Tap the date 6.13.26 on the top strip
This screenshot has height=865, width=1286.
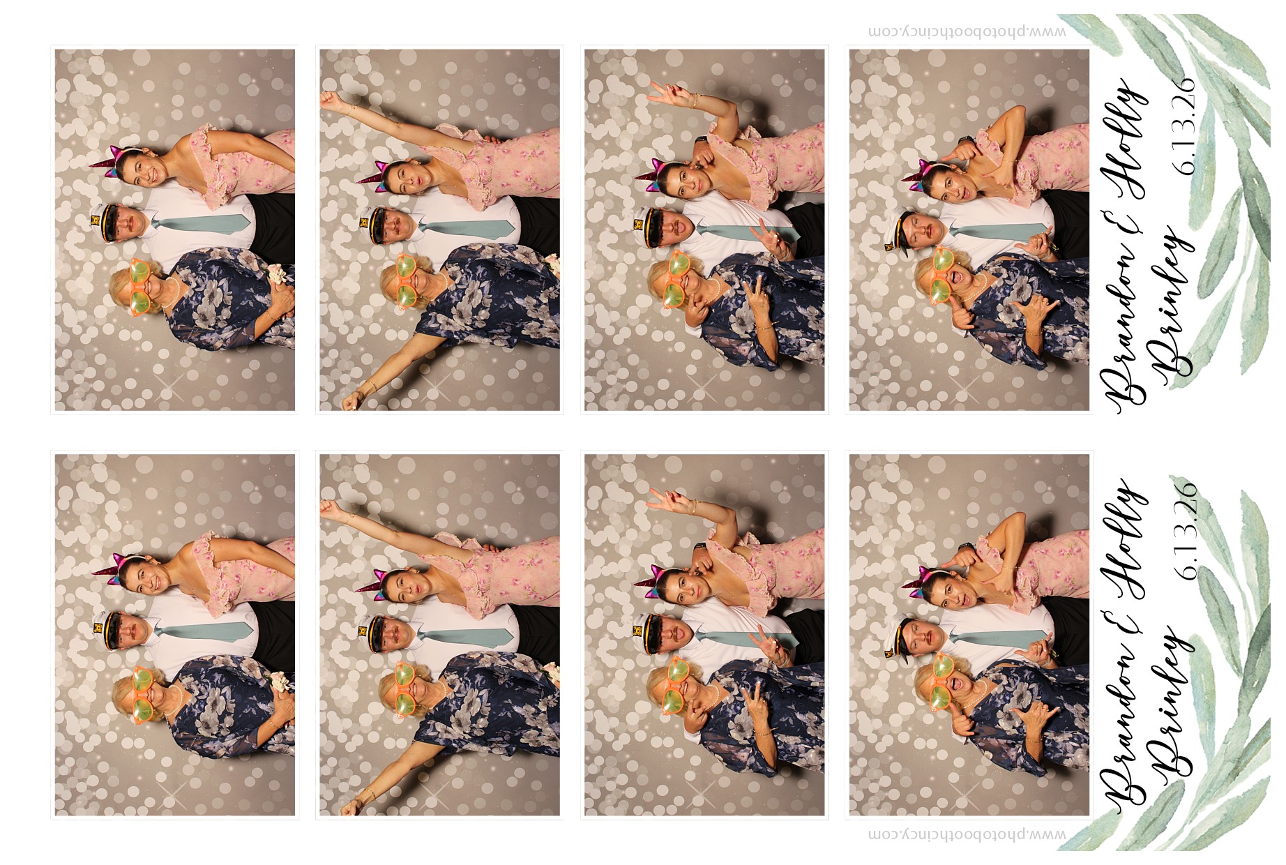[x=1184, y=125]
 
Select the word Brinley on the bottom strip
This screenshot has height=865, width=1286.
[x=1170, y=704]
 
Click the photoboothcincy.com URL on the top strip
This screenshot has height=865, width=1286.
[x=967, y=31]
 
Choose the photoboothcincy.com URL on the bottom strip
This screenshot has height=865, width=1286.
[x=967, y=834]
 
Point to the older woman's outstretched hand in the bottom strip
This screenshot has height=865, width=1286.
[x=352, y=805]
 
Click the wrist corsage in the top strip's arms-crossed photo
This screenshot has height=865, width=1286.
[x=278, y=274]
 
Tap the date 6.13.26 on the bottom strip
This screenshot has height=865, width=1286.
[x=1184, y=530]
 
